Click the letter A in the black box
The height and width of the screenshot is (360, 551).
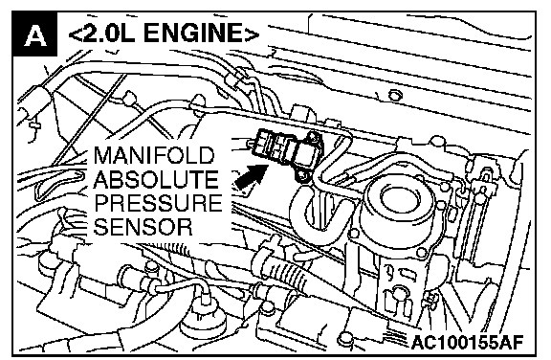34,34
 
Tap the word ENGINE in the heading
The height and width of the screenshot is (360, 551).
192,34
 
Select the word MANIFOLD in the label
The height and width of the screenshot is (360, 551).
154,155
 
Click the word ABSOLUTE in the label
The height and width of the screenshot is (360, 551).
156,179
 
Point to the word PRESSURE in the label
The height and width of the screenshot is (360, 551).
158,203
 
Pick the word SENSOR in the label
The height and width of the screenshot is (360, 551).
143,227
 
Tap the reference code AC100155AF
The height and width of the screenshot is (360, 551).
467,342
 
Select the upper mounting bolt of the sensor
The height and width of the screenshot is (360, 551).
313,137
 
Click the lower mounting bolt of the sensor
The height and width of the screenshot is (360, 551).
302,174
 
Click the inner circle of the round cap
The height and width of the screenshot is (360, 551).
398,198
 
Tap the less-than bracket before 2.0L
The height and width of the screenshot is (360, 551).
75,34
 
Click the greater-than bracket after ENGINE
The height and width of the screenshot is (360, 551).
252,34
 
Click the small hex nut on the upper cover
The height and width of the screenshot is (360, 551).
395,95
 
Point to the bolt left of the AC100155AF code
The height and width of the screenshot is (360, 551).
343,338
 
